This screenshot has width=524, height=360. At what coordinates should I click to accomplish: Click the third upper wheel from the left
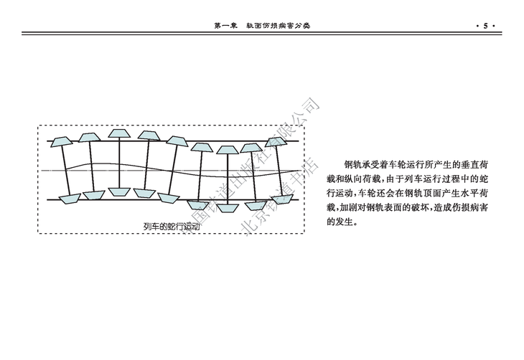pyautogui.click(x=117, y=133)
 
